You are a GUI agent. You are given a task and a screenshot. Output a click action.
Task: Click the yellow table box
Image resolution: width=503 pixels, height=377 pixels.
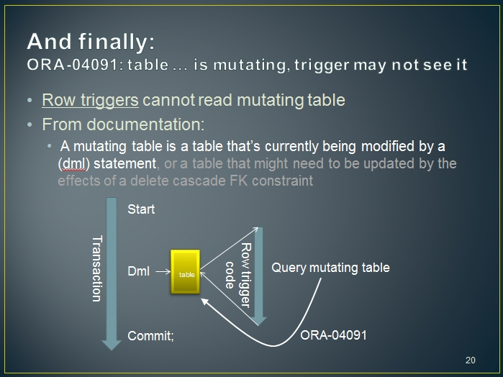[185, 272]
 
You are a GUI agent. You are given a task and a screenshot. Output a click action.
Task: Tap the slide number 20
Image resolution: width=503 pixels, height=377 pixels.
[471, 360]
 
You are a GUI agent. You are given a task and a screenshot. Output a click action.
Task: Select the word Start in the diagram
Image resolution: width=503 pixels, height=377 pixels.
[141, 209]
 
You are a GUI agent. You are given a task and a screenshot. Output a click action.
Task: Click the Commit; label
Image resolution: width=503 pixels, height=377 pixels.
[150, 336]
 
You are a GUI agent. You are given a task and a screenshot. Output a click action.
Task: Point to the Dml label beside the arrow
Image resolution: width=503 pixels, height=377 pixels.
[139, 271]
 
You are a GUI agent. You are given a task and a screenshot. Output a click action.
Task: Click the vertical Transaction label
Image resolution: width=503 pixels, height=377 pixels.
[97, 268]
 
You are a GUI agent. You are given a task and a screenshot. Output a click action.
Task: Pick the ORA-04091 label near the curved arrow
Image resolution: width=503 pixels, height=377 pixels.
[333, 335]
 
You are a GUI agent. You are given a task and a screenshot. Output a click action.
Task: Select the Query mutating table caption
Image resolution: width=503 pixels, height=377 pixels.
[330, 267]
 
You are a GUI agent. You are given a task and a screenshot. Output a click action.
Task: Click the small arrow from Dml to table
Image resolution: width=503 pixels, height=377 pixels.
[163, 272]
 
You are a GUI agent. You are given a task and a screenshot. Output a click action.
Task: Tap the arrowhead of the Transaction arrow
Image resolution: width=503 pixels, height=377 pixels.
[112, 345]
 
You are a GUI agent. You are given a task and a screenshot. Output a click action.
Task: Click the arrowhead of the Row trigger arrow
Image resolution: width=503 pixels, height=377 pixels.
[258, 321]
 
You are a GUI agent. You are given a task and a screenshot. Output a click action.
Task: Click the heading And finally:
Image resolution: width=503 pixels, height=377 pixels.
[91, 42]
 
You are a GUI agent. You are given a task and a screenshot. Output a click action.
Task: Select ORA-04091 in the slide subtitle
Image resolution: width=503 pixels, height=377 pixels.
[73, 65]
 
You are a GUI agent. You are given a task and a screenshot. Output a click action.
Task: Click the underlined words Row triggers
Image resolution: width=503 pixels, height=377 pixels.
[90, 100]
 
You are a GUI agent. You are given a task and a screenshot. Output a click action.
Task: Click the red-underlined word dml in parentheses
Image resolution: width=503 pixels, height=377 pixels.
[74, 163]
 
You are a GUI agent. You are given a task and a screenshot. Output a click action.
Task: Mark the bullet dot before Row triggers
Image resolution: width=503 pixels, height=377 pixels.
[30, 101]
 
